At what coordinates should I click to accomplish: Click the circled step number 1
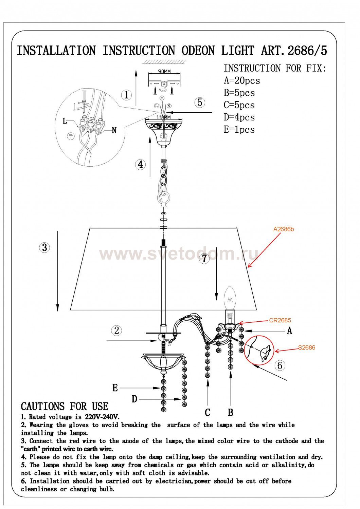(126, 95)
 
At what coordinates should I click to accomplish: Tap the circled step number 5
(200, 102)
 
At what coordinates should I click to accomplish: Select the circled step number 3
(44, 247)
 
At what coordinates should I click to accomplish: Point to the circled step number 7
(204, 258)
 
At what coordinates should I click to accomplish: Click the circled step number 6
(280, 365)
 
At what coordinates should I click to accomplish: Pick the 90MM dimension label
(164, 71)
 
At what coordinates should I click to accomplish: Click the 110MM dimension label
(163, 117)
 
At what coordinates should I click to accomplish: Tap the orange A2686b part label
(283, 229)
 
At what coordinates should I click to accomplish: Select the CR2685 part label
(280, 320)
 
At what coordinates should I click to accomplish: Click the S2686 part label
(307, 347)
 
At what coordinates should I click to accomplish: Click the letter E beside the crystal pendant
(115, 388)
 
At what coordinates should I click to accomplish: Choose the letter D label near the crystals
(134, 399)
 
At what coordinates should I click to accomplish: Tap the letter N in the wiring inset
(114, 130)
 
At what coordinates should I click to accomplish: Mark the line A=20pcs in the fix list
(242, 80)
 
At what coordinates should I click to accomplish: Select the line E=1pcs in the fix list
(239, 130)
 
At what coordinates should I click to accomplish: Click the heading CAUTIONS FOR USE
(65, 406)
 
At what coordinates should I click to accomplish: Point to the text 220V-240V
(102, 417)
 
